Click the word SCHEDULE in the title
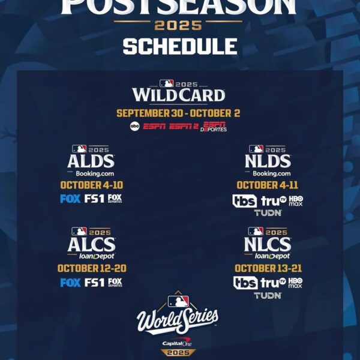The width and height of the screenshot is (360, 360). [179, 46]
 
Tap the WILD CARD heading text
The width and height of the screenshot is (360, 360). [179, 95]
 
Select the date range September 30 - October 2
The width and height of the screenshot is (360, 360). [179, 113]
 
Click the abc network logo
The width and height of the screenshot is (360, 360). [134, 126]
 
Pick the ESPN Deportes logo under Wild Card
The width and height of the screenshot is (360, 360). [215, 126]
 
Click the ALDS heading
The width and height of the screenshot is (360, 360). [91, 161]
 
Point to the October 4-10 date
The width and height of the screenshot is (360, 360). [91, 185]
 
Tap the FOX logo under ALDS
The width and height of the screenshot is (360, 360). [70, 199]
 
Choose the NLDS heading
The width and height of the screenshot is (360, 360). [268, 161]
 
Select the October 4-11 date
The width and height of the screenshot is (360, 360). [268, 185]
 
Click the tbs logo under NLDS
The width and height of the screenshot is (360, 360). [245, 201]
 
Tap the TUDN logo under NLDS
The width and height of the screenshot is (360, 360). [268, 213]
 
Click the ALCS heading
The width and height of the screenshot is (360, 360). [91, 244]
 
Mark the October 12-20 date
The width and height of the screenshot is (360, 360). [92, 268]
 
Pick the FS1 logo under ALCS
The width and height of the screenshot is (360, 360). [95, 282]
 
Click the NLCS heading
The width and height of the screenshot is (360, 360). [268, 244]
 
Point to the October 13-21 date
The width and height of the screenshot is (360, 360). [268, 268]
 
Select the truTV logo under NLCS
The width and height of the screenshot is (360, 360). [273, 283]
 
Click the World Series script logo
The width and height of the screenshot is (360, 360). [178, 320]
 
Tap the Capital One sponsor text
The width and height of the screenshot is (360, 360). [178, 343]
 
